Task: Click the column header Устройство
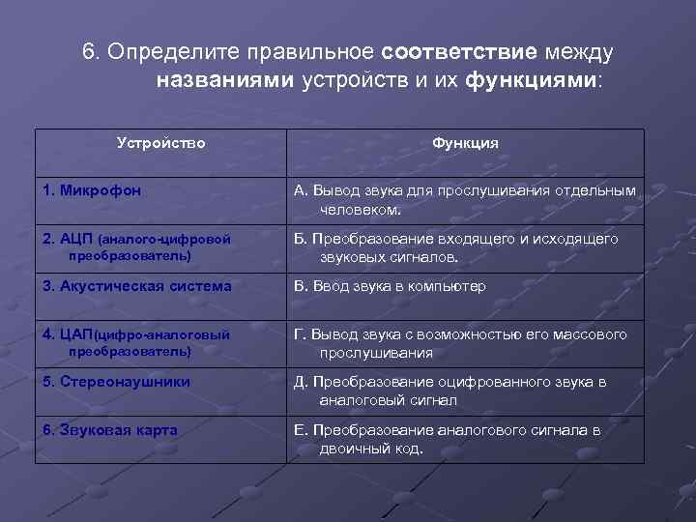(160, 143)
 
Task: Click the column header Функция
(465, 143)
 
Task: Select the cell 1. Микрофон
(92, 190)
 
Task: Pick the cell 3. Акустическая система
(136, 286)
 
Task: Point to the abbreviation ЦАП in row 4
(75, 334)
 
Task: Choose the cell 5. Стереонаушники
(116, 382)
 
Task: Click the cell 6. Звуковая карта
(109, 430)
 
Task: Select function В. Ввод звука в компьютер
(390, 286)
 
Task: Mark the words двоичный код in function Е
(370, 449)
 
